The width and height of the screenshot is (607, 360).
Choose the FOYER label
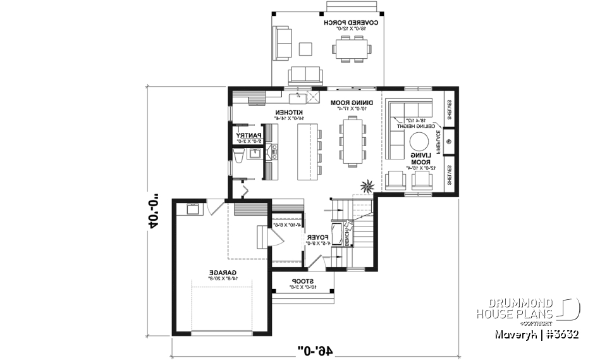(315, 239)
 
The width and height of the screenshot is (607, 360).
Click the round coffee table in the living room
(419, 141)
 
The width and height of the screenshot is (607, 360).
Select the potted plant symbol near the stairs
(366, 187)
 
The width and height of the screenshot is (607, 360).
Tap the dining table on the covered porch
(351, 47)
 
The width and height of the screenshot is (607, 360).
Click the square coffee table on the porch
(306, 49)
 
